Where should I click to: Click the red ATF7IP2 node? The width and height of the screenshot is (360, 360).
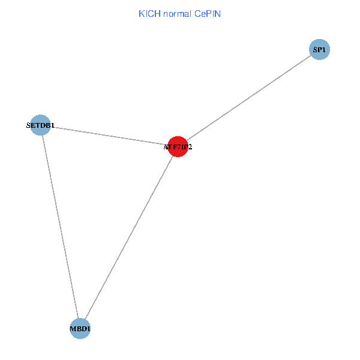[178, 146]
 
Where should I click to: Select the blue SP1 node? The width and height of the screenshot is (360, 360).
[319, 49]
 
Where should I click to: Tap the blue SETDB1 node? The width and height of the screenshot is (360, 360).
[40, 125]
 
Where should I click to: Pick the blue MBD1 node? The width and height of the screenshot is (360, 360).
[80, 329]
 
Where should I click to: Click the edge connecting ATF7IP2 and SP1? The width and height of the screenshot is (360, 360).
[249, 98]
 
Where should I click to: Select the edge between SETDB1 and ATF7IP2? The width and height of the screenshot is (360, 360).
[109, 136]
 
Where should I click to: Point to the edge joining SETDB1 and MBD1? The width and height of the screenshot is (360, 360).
[61, 227]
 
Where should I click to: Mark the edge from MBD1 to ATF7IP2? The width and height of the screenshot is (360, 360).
[129, 238]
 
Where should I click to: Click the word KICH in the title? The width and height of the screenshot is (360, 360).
[149, 14]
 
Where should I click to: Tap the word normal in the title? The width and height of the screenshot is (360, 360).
[177, 14]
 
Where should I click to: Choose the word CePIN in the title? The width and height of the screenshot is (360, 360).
[208, 14]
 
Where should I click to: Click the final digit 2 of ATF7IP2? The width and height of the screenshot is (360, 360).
[190, 147]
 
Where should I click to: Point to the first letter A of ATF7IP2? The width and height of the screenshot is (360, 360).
[166, 147]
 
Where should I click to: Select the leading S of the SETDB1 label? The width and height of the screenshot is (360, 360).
[28, 125]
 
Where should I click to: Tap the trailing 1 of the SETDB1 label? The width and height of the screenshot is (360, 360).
[53, 125]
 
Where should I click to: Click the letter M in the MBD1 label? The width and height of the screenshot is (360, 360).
[73, 329]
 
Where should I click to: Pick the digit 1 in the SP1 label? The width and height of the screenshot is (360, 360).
[323, 50]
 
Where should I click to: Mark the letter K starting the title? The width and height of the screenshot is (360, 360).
[142, 14]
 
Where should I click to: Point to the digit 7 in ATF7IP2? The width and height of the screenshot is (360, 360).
[179, 147]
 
